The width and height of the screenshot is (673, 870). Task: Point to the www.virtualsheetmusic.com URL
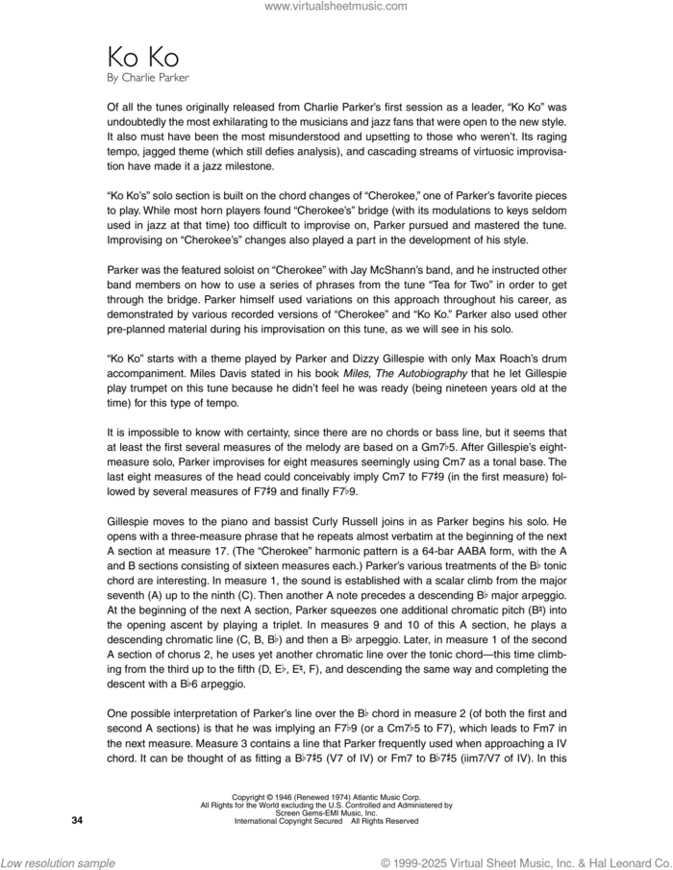336,7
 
